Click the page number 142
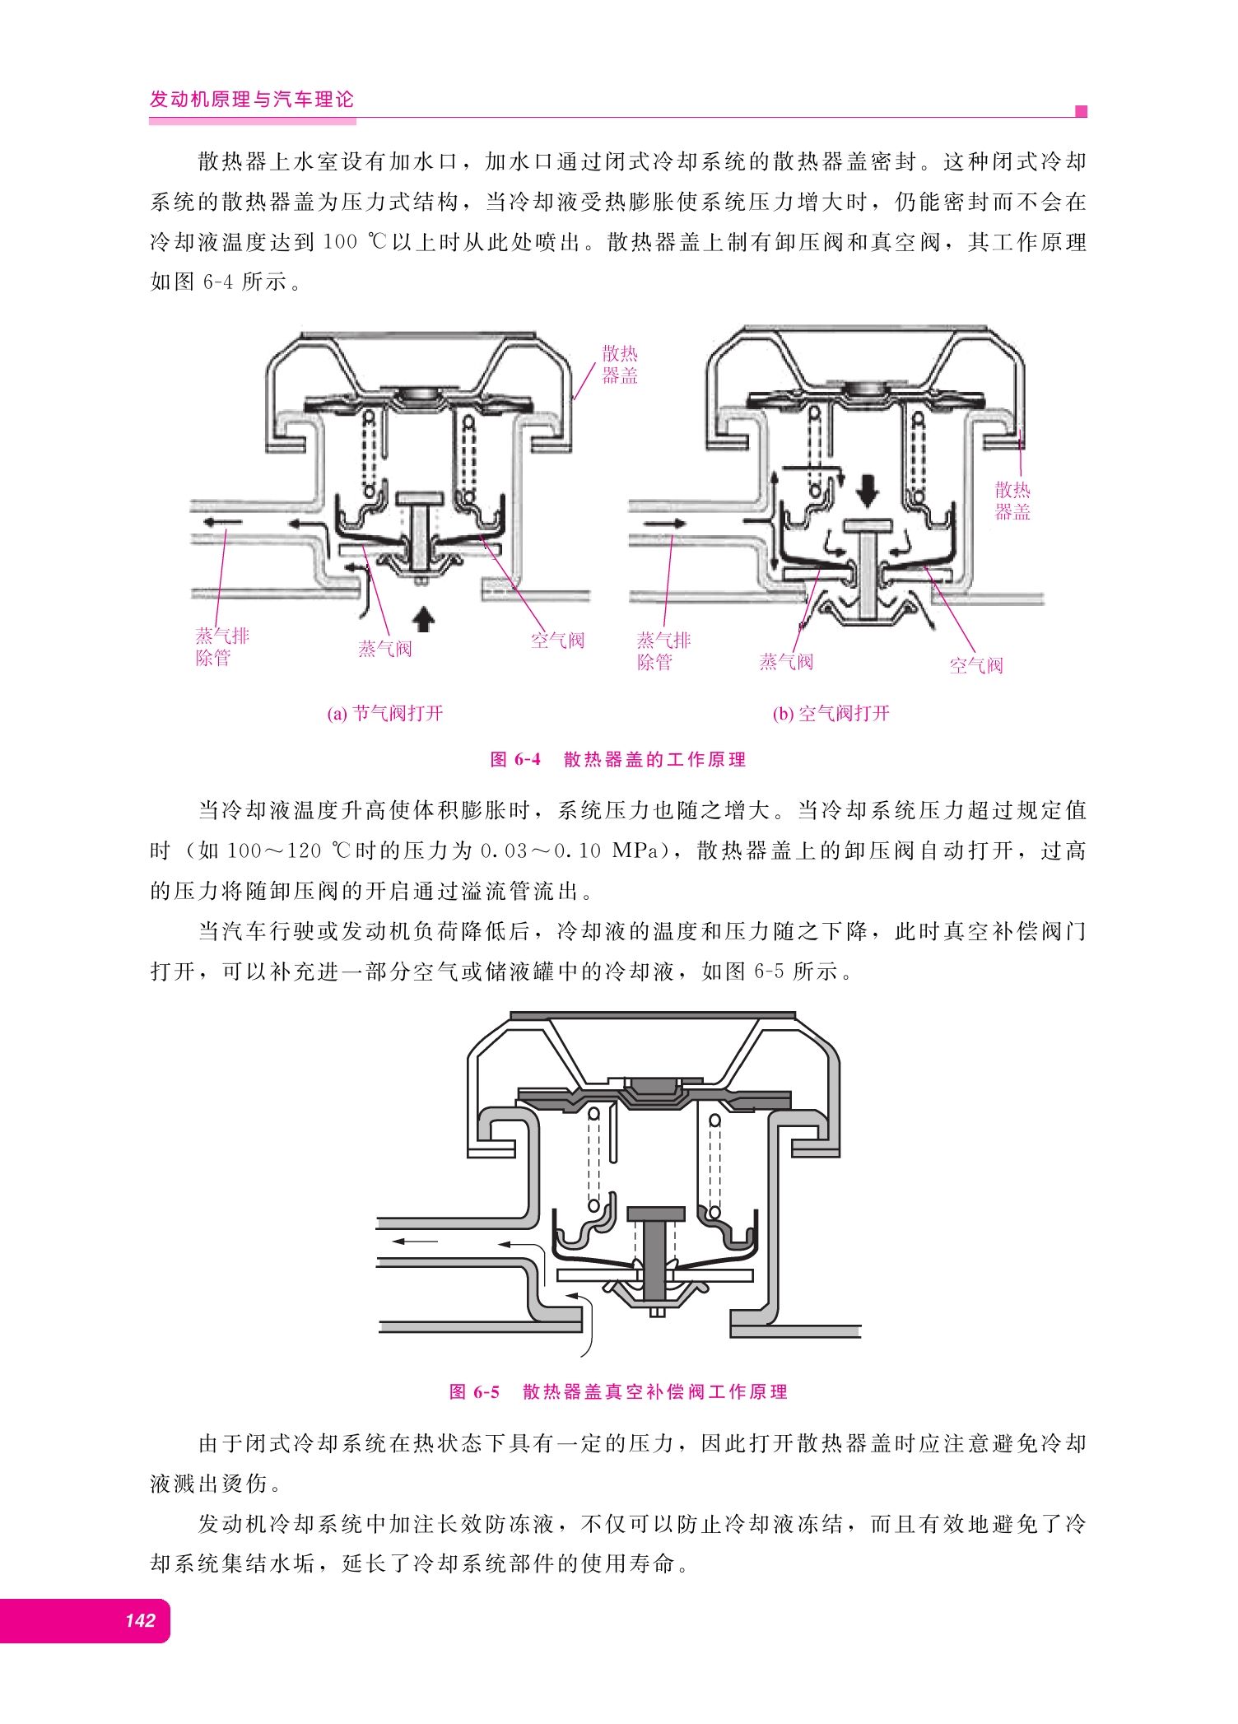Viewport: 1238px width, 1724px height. tap(140, 1620)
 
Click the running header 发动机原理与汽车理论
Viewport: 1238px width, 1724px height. tap(251, 100)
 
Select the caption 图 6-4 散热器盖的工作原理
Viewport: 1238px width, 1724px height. tap(618, 759)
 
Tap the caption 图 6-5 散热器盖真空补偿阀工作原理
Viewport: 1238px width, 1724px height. tap(618, 1391)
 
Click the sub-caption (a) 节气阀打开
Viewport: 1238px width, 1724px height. tap(385, 713)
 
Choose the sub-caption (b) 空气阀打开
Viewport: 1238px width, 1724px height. tap(831, 713)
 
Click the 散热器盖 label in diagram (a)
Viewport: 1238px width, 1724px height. tap(620, 365)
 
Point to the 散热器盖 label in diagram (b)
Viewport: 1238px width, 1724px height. tap(1012, 501)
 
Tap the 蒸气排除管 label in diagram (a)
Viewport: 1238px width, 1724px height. tap(222, 646)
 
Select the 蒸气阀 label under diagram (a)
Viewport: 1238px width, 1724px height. tap(384, 649)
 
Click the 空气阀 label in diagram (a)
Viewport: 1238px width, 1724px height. tap(557, 641)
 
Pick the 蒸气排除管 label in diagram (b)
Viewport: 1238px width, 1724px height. tap(663, 651)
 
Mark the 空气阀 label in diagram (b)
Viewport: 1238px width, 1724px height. tap(976, 665)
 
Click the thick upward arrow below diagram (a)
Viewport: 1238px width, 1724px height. tap(423, 618)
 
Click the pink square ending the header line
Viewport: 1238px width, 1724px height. tap(1082, 111)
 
